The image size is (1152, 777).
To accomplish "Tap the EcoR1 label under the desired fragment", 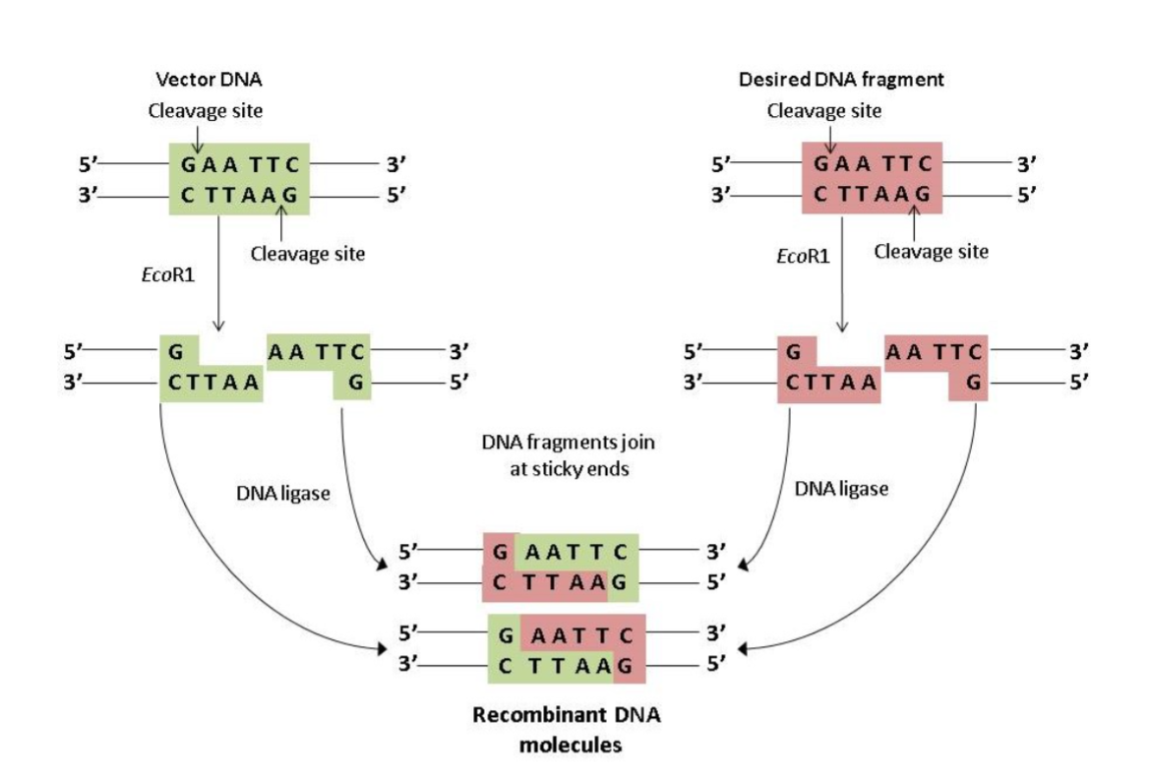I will [802, 258].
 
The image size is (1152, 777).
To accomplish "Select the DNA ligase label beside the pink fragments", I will [841, 489].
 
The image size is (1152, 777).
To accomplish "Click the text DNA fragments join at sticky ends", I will [568, 455].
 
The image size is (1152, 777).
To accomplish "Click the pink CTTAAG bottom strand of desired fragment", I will [873, 195].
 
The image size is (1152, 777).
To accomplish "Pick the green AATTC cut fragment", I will [318, 350].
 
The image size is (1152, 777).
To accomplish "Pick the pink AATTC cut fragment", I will [935, 350].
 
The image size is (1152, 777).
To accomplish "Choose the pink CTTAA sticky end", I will [830, 383].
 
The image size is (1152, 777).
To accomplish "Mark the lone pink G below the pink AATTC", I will [972, 383].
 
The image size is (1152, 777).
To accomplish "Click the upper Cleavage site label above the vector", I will [206, 110].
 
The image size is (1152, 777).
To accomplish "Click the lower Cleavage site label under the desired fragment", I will [931, 252].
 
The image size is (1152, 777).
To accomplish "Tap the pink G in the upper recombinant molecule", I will [500, 552].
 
